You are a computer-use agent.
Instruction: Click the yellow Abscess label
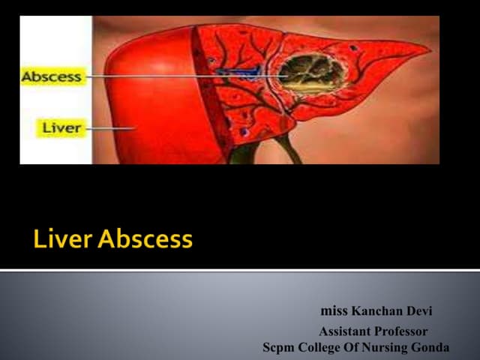point(52,76)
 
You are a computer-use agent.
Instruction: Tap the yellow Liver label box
point(61,127)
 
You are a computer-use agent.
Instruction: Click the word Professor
point(402,331)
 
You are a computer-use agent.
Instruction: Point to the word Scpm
point(279,347)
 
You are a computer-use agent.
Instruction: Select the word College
point(322,347)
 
